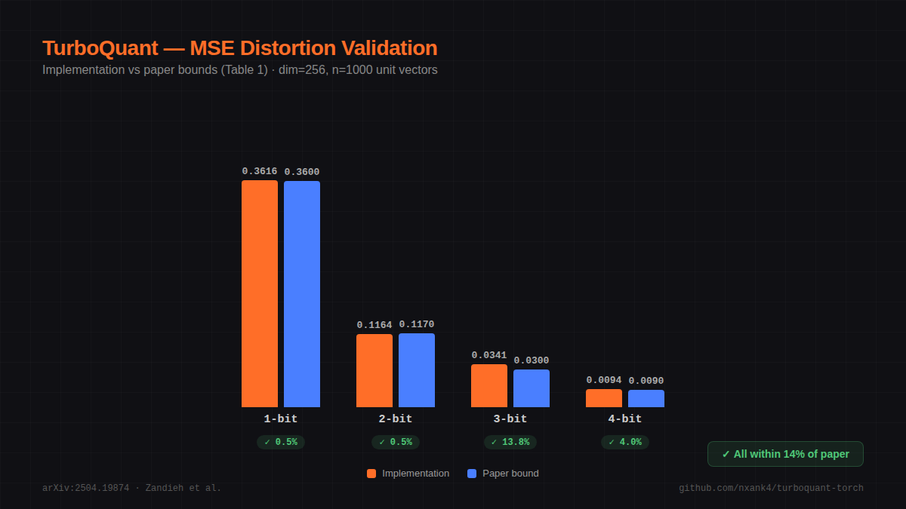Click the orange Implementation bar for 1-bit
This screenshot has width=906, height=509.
(260, 293)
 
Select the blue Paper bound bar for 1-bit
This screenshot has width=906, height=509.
(302, 294)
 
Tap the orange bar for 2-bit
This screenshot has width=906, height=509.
(374, 370)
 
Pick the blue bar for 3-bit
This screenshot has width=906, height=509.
(532, 388)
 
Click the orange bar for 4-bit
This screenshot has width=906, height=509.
(604, 398)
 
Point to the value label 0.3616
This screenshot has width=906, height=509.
(260, 171)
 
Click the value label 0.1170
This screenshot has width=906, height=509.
(417, 324)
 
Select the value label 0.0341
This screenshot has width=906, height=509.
(489, 355)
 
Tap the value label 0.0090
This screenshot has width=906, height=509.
(646, 381)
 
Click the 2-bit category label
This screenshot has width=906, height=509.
(396, 419)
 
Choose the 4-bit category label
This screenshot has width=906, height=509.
(625, 419)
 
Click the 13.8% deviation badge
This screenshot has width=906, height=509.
(510, 442)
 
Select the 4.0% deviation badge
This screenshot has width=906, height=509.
(625, 442)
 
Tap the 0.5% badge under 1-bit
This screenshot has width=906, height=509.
(281, 442)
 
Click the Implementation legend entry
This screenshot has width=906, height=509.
(408, 474)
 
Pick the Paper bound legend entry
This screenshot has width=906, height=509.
(504, 474)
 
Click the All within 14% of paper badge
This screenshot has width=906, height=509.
(785, 454)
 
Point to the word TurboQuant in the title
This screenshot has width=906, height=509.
(100, 48)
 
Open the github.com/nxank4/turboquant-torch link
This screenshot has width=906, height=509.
(771, 488)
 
